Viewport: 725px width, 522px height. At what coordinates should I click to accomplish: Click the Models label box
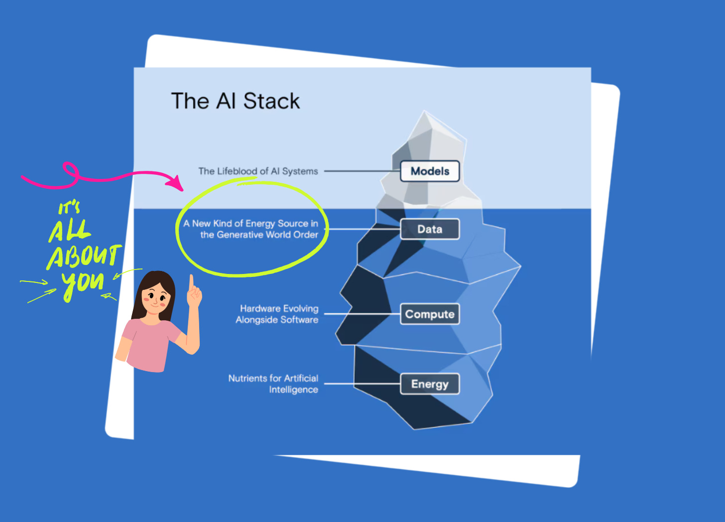(430, 171)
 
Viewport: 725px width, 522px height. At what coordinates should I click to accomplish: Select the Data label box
(430, 229)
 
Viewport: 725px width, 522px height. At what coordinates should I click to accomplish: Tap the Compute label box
(430, 314)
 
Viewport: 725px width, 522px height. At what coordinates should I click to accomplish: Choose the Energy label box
(430, 384)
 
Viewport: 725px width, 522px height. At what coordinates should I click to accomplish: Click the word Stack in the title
(271, 101)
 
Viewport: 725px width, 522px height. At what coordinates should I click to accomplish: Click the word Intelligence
(293, 390)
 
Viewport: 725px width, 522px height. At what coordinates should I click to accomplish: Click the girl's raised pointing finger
(191, 282)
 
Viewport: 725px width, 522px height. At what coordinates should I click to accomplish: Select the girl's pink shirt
(149, 344)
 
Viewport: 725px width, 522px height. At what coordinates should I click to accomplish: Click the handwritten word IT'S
(69, 207)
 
